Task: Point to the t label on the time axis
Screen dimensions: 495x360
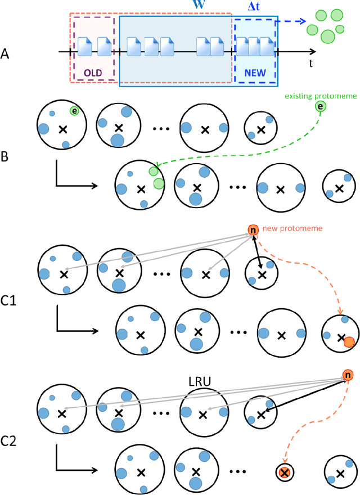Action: [x=310, y=63]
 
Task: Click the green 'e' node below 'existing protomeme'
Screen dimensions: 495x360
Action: [x=321, y=107]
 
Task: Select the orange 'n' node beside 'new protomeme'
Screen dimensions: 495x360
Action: [x=253, y=230]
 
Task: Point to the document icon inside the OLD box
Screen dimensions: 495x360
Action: [x=85, y=46]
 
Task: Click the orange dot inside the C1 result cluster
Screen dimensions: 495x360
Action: [x=349, y=341]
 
